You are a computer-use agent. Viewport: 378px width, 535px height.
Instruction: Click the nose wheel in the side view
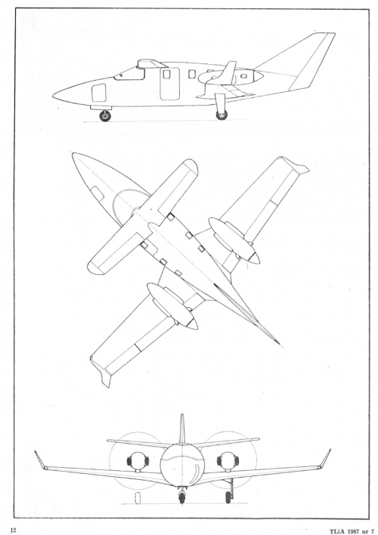105,116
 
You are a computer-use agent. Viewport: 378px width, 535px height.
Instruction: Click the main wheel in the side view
222,115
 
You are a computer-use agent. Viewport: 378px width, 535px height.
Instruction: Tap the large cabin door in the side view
170,84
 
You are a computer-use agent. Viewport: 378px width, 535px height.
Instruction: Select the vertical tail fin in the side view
308,61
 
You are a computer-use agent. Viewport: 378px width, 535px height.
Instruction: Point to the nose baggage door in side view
99,93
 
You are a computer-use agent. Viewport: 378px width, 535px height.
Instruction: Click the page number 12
14,530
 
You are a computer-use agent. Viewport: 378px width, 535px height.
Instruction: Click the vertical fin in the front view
182,429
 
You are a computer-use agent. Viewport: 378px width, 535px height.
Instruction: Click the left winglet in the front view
39,460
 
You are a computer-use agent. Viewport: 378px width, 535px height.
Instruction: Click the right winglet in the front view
325,459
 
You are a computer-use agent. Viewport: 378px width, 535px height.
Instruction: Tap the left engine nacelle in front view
138,461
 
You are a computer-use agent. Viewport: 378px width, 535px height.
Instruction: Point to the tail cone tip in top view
282,346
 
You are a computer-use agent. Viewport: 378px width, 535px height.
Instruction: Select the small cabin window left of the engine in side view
192,74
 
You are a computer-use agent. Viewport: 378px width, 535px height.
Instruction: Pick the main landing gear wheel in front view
228,497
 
